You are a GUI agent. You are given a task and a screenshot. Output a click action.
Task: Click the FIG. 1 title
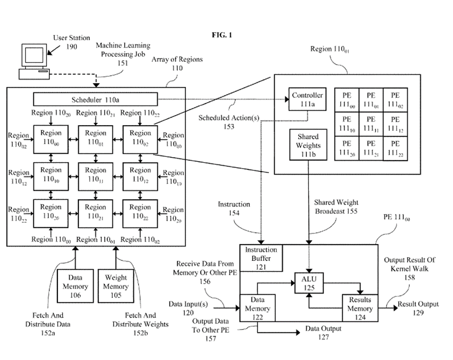point(222,35)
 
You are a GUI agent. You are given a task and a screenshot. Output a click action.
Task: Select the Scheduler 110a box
point(95,100)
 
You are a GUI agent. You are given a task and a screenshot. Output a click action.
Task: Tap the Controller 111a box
point(307,99)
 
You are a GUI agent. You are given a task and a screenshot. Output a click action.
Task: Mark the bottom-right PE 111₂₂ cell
point(395,148)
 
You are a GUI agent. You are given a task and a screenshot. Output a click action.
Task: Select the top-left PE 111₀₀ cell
point(346,99)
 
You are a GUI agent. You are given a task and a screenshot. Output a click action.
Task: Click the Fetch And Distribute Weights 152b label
point(140,324)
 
